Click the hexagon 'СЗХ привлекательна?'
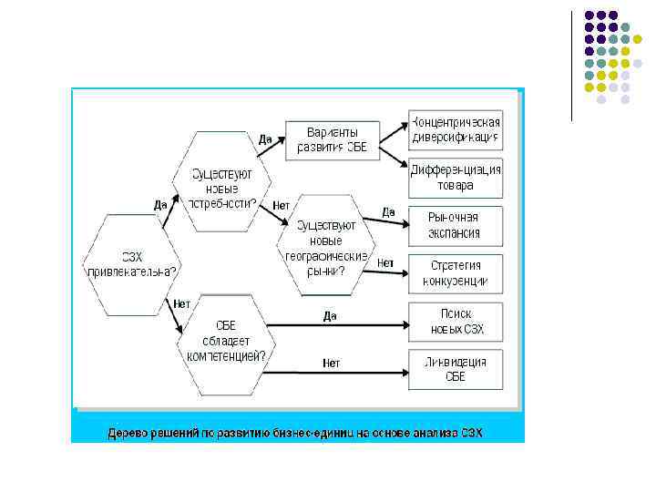[131, 264]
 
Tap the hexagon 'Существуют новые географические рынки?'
[325, 245]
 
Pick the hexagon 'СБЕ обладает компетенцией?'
[225, 344]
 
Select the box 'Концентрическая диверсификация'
[455, 130]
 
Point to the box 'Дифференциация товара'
[455, 178]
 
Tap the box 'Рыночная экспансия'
[455, 225]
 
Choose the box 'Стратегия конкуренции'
[455, 272]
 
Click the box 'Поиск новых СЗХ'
[455, 320]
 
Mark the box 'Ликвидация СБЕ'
[455, 369]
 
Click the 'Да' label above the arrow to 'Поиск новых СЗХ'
[330, 315]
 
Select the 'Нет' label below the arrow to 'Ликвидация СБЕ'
[331, 363]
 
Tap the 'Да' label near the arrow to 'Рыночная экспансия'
[388, 211]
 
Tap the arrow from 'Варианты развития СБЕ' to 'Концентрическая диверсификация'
[393, 133]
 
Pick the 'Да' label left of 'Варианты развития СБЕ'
[265, 139]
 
